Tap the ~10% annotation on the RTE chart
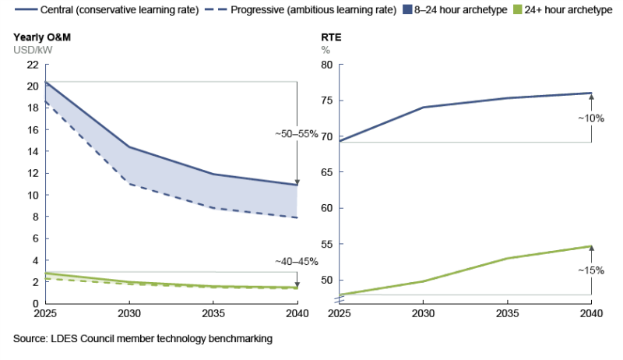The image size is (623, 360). coord(591,118)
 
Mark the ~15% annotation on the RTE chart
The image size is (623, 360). coord(591,270)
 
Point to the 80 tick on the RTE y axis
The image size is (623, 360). coord(326,65)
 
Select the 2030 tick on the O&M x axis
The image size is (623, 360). coord(128,314)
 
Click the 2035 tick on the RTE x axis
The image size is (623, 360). coord(507,314)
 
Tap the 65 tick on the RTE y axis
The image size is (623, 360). coord(326,172)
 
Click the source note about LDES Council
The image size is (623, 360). coord(143,340)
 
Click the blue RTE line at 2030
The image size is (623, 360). coord(423,108)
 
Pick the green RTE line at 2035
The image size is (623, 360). coord(507,258)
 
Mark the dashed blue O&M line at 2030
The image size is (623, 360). coord(128,184)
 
